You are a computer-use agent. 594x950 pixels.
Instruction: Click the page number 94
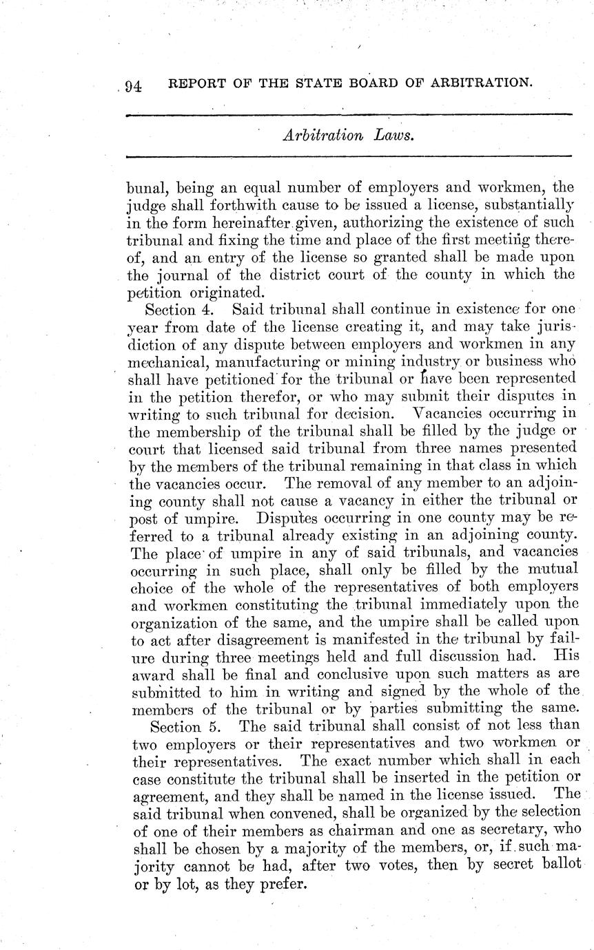pos(133,86)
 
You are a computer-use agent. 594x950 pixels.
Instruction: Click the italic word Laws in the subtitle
pos(395,136)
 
